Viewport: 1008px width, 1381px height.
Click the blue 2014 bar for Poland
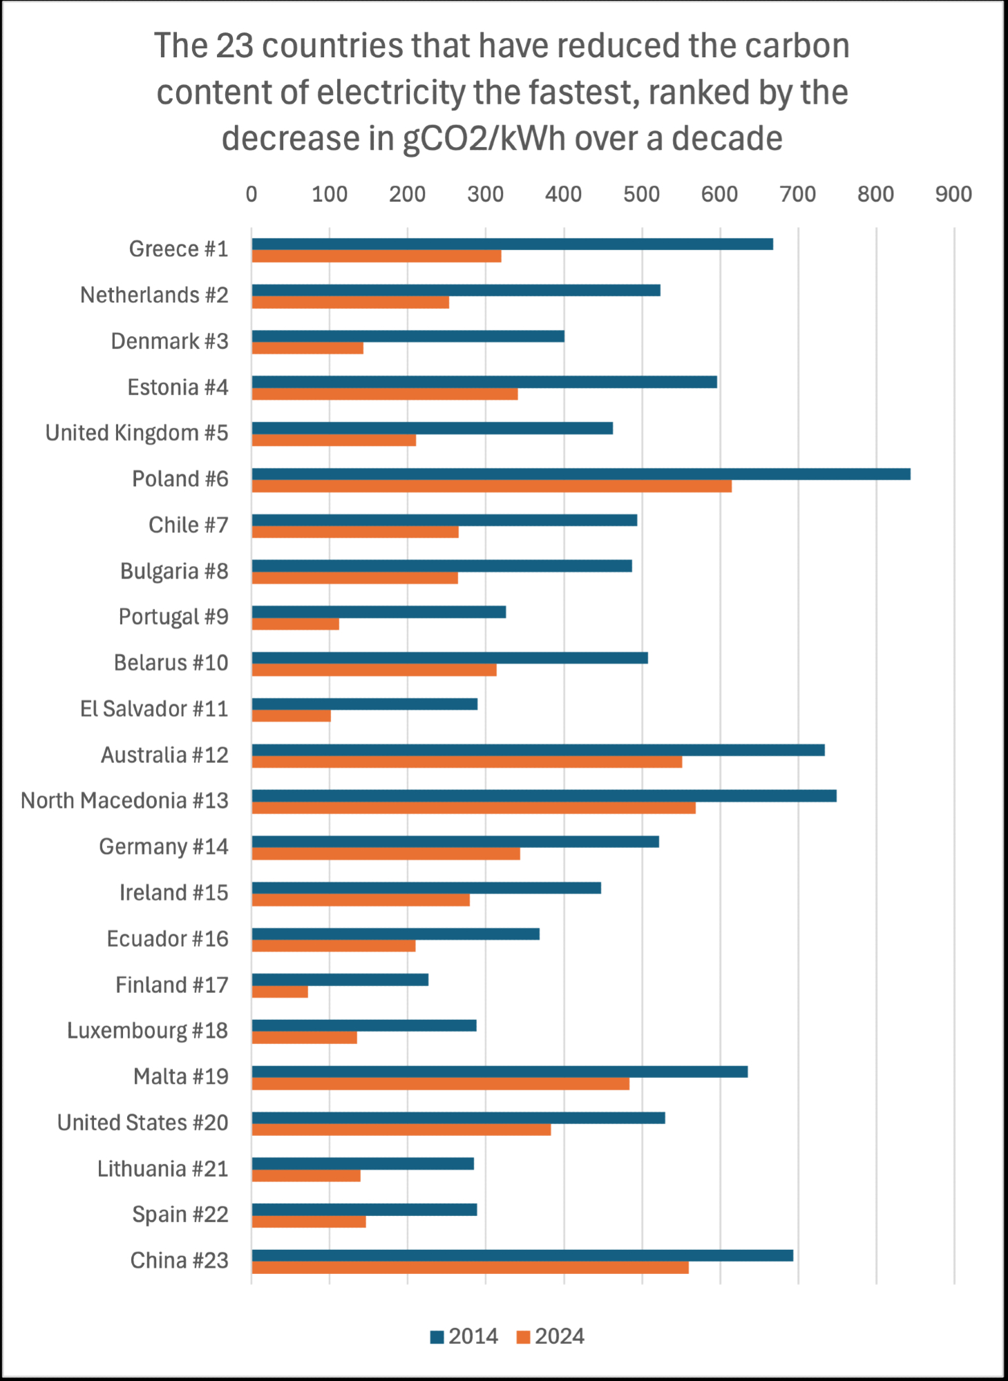click(x=580, y=474)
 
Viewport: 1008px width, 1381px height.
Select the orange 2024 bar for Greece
click(x=377, y=256)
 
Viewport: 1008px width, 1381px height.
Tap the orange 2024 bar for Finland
click(x=280, y=992)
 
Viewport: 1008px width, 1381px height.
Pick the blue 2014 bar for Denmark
click(x=408, y=336)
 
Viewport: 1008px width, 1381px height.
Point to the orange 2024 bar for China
click(x=470, y=1268)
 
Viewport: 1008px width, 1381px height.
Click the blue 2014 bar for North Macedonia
click(x=544, y=796)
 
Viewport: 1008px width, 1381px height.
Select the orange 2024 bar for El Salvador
click(x=291, y=716)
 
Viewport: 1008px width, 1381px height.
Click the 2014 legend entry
click(x=464, y=1337)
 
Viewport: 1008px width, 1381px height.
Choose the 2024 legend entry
click(x=551, y=1337)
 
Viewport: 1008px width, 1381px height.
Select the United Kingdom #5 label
click(x=137, y=433)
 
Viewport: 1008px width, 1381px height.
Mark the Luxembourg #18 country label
click(x=147, y=1031)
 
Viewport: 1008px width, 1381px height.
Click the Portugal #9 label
click(x=173, y=617)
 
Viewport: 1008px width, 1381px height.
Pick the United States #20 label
click(x=142, y=1123)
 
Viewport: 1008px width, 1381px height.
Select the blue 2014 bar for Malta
click(x=500, y=1072)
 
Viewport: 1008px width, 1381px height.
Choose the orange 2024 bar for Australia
click(x=466, y=762)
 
